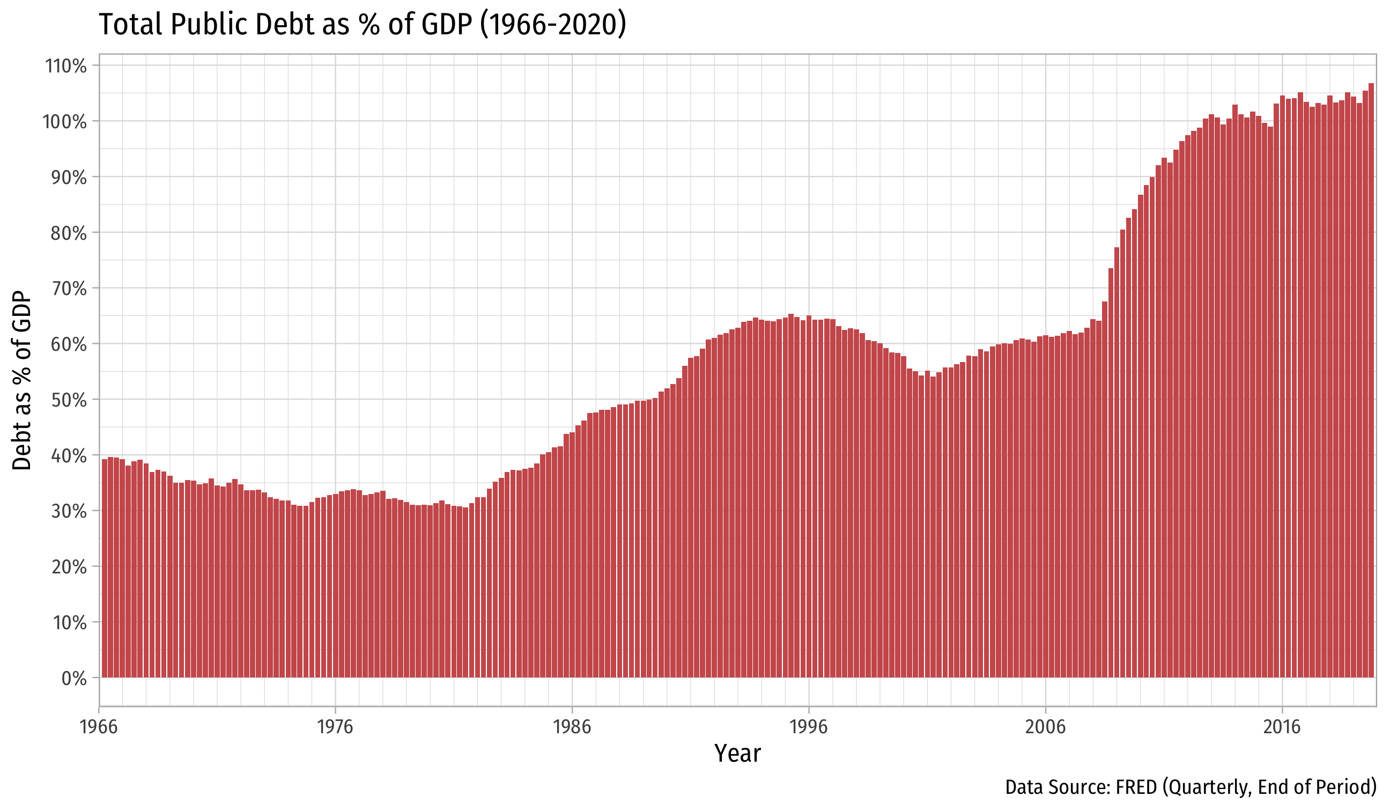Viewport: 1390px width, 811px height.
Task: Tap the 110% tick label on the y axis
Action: point(65,66)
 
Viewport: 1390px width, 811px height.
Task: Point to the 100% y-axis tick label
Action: point(64,122)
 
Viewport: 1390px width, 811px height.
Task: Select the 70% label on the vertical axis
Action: point(69,289)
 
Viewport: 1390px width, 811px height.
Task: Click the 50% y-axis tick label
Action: point(69,400)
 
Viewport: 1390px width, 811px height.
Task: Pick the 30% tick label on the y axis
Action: point(69,511)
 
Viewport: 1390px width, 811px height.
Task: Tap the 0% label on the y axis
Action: point(74,679)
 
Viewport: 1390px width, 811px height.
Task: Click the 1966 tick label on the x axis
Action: point(99,727)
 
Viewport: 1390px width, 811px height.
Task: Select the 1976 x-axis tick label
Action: point(335,727)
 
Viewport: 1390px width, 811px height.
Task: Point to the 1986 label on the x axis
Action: point(572,727)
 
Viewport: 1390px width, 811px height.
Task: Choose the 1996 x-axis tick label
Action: point(809,727)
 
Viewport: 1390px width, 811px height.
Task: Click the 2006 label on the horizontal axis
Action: point(1045,727)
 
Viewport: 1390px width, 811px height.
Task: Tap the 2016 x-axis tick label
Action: point(1282,727)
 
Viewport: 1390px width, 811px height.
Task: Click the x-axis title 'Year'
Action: point(737,754)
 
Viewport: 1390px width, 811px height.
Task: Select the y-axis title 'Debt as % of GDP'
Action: point(22,381)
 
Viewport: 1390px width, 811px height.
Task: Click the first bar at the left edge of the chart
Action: point(105,568)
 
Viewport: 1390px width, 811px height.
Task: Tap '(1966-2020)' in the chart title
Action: point(553,25)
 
